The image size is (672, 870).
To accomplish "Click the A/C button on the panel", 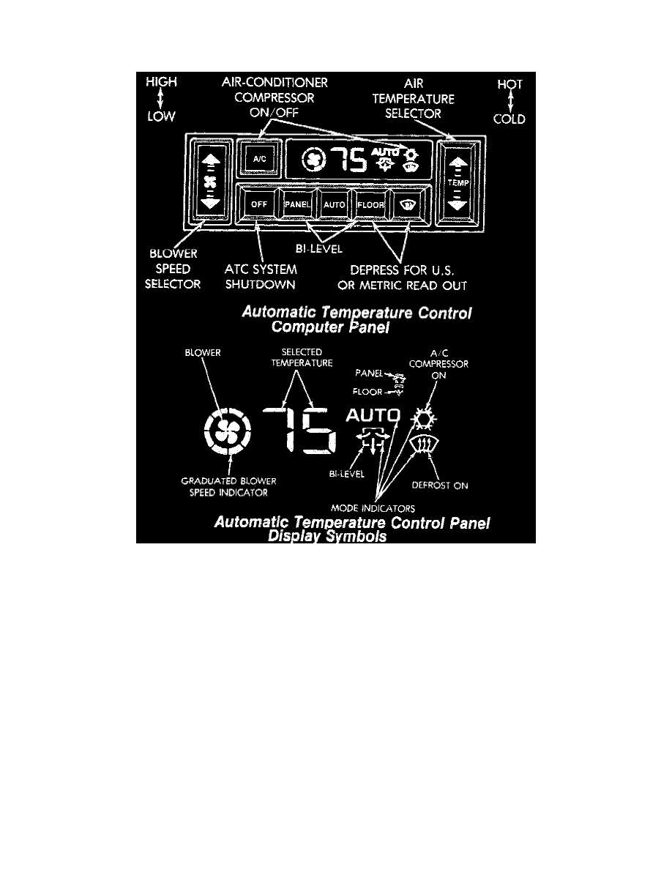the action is (259, 159).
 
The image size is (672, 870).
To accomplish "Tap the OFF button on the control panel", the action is (259, 204).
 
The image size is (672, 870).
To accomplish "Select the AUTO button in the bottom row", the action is (335, 205).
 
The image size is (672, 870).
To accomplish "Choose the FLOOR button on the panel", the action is (371, 205).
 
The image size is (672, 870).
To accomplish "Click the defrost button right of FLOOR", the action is (408, 205).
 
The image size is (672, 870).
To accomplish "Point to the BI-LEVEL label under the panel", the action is (319, 248).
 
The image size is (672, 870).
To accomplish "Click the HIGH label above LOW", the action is (161, 81).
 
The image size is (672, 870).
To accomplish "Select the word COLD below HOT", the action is (509, 119).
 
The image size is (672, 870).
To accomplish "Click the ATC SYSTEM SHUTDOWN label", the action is (261, 277).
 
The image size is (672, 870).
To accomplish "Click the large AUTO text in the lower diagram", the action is (373, 415).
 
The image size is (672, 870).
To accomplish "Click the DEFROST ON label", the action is (440, 486).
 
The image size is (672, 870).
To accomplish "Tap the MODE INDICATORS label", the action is (373, 508).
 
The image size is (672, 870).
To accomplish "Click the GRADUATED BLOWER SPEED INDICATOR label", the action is (228, 486).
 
